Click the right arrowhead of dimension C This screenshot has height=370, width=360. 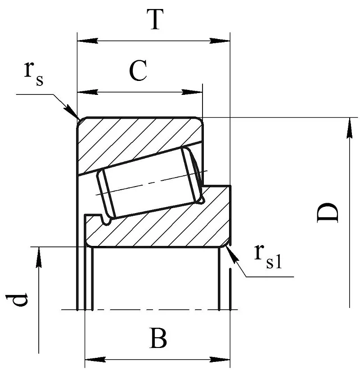click(193, 92)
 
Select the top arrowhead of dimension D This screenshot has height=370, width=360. click(349, 127)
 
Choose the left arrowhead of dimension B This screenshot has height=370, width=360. click(94, 359)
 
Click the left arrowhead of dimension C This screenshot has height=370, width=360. click(87, 92)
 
